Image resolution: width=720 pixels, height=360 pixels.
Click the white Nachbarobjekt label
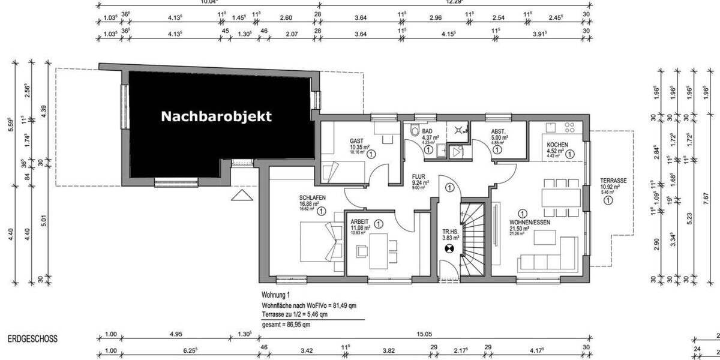[216, 116]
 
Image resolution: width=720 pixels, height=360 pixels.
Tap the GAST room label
[356, 142]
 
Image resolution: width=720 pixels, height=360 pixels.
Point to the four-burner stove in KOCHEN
[568, 128]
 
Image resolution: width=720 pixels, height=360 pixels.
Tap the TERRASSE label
[613, 181]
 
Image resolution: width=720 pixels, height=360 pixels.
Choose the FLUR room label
[418, 177]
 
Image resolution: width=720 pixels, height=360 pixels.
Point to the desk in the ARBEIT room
[379, 250]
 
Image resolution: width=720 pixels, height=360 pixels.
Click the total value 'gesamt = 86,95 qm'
[286, 325]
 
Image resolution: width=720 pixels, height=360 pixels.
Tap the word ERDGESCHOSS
[32, 339]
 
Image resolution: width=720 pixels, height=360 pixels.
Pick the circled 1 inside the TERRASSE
[609, 201]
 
